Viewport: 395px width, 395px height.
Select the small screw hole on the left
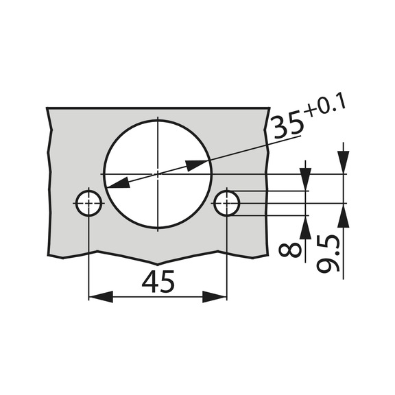(x=88, y=203)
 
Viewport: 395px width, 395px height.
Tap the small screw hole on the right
(x=227, y=203)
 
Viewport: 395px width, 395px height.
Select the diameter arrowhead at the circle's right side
(x=198, y=165)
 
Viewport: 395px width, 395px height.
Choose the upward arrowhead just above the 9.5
(x=344, y=215)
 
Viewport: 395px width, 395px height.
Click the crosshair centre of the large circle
(x=157, y=174)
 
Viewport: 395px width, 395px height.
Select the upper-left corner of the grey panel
(x=47, y=108)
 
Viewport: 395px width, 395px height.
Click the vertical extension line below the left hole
(x=88, y=261)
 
